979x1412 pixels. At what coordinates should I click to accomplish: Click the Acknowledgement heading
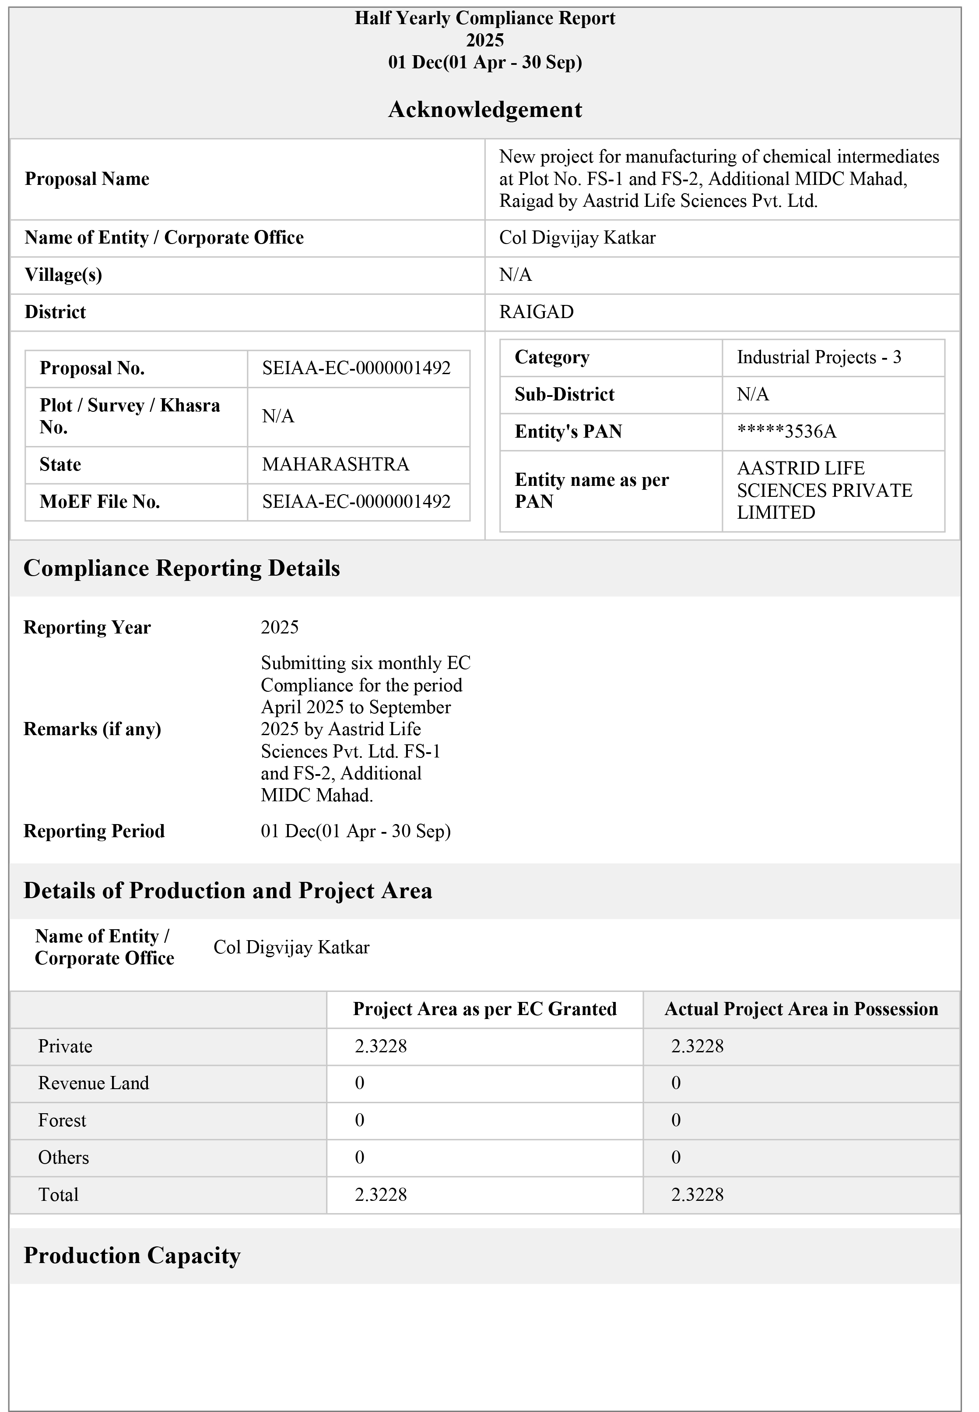(x=489, y=110)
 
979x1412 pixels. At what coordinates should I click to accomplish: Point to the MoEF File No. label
(x=101, y=506)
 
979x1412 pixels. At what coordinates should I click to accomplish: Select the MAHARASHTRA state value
(x=339, y=468)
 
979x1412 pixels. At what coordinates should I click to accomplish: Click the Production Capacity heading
(x=133, y=1267)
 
